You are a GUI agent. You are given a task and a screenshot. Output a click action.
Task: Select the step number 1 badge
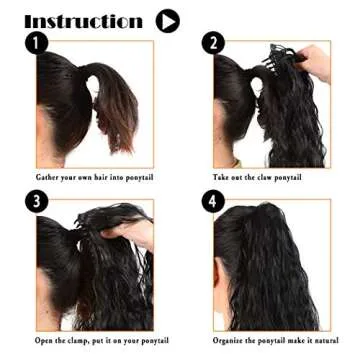tap(39, 43)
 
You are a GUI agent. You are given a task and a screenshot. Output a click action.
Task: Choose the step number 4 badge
tap(213, 202)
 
